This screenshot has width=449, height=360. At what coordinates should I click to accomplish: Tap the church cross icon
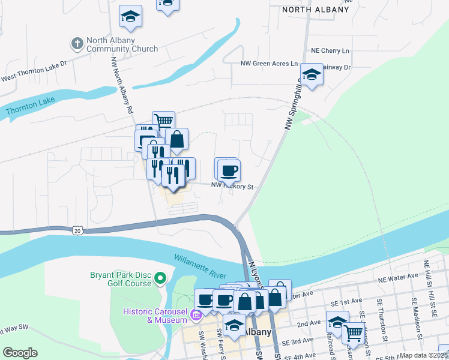[77, 43]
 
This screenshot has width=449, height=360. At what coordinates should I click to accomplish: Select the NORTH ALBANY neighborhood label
[315, 10]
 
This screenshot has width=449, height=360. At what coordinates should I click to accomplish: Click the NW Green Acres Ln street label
[268, 63]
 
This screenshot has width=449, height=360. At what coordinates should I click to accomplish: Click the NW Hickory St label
[234, 187]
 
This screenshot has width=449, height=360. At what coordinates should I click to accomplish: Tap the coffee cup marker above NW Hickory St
[228, 171]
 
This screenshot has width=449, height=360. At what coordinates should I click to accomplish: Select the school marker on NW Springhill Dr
[311, 74]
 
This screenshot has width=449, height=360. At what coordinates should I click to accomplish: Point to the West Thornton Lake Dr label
[33, 77]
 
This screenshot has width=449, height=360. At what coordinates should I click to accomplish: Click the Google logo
[20, 353]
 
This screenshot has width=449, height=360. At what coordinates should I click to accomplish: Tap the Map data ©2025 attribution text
[424, 355]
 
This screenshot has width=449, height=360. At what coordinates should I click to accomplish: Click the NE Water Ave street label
[397, 278]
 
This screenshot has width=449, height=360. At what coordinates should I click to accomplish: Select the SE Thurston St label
[380, 317]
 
